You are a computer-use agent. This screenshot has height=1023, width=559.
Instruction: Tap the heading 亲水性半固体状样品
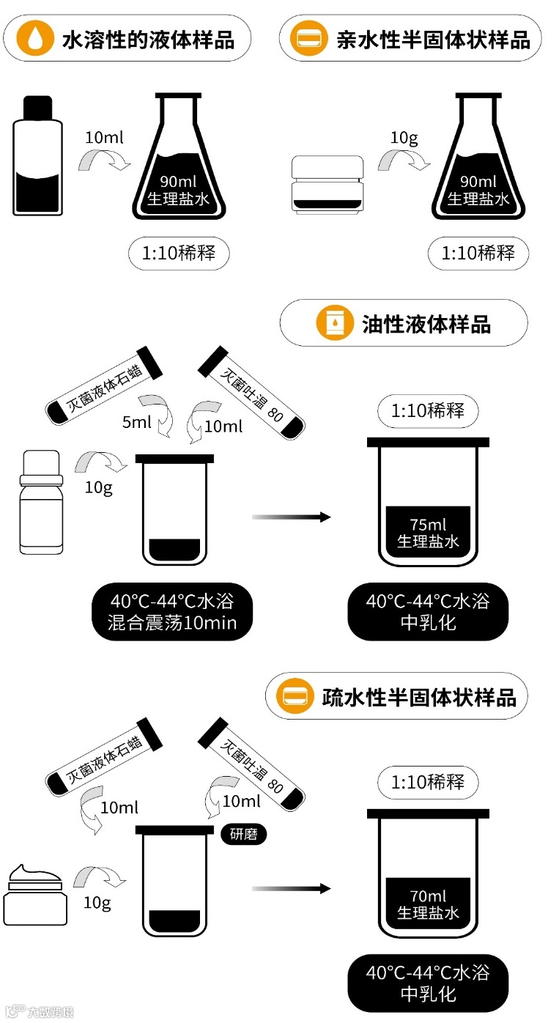point(433,39)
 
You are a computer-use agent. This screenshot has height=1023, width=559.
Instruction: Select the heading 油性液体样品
point(426,323)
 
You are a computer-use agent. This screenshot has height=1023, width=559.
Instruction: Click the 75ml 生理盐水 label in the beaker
point(428,533)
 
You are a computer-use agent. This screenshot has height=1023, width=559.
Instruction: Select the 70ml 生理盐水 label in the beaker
point(428,904)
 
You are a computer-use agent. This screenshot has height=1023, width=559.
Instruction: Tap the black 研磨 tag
point(243,834)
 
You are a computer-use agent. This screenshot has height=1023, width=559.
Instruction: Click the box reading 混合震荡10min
point(173,613)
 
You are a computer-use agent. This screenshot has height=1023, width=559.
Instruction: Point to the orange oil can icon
point(334,323)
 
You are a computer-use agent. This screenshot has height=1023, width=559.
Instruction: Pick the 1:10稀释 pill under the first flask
point(178,254)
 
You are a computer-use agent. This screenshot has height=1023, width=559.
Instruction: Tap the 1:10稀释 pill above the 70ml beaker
point(428,781)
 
